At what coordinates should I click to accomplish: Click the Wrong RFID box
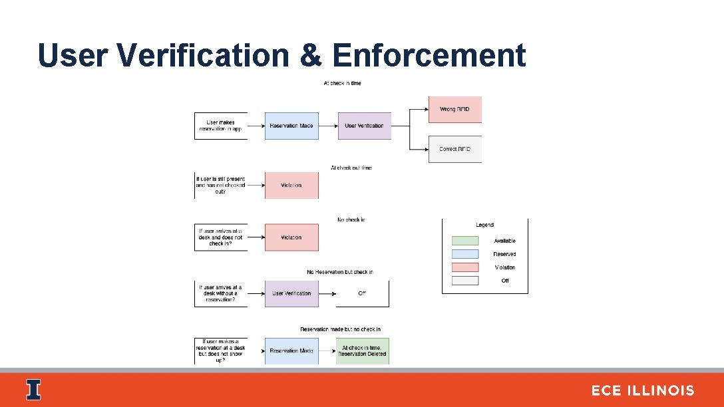(454, 109)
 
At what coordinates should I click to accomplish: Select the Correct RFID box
(454, 149)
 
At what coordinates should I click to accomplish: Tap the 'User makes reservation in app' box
(221, 126)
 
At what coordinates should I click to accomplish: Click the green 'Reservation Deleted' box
(362, 350)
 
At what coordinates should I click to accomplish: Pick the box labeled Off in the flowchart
(362, 293)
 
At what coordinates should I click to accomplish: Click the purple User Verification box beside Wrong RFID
(364, 126)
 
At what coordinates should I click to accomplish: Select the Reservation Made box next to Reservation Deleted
(291, 350)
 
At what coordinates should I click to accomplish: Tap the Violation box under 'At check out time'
(291, 185)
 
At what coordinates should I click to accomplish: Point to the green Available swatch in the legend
(464, 241)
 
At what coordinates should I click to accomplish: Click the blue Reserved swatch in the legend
(464, 254)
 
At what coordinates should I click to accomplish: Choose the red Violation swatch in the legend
(464, 267)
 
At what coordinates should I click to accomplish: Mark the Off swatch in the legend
(464, 281)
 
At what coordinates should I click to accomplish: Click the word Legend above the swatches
(484, 225)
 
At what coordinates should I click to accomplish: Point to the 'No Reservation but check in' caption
(339, 272)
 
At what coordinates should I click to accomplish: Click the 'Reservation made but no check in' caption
(340, 329)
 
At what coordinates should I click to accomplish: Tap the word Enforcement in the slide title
(429, 55)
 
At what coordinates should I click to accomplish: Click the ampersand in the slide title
(310, 55)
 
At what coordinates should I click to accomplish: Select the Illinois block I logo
(33, 390)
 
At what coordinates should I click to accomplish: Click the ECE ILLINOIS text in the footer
(642, 390)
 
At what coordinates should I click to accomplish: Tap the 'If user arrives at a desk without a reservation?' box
(221, 293)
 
